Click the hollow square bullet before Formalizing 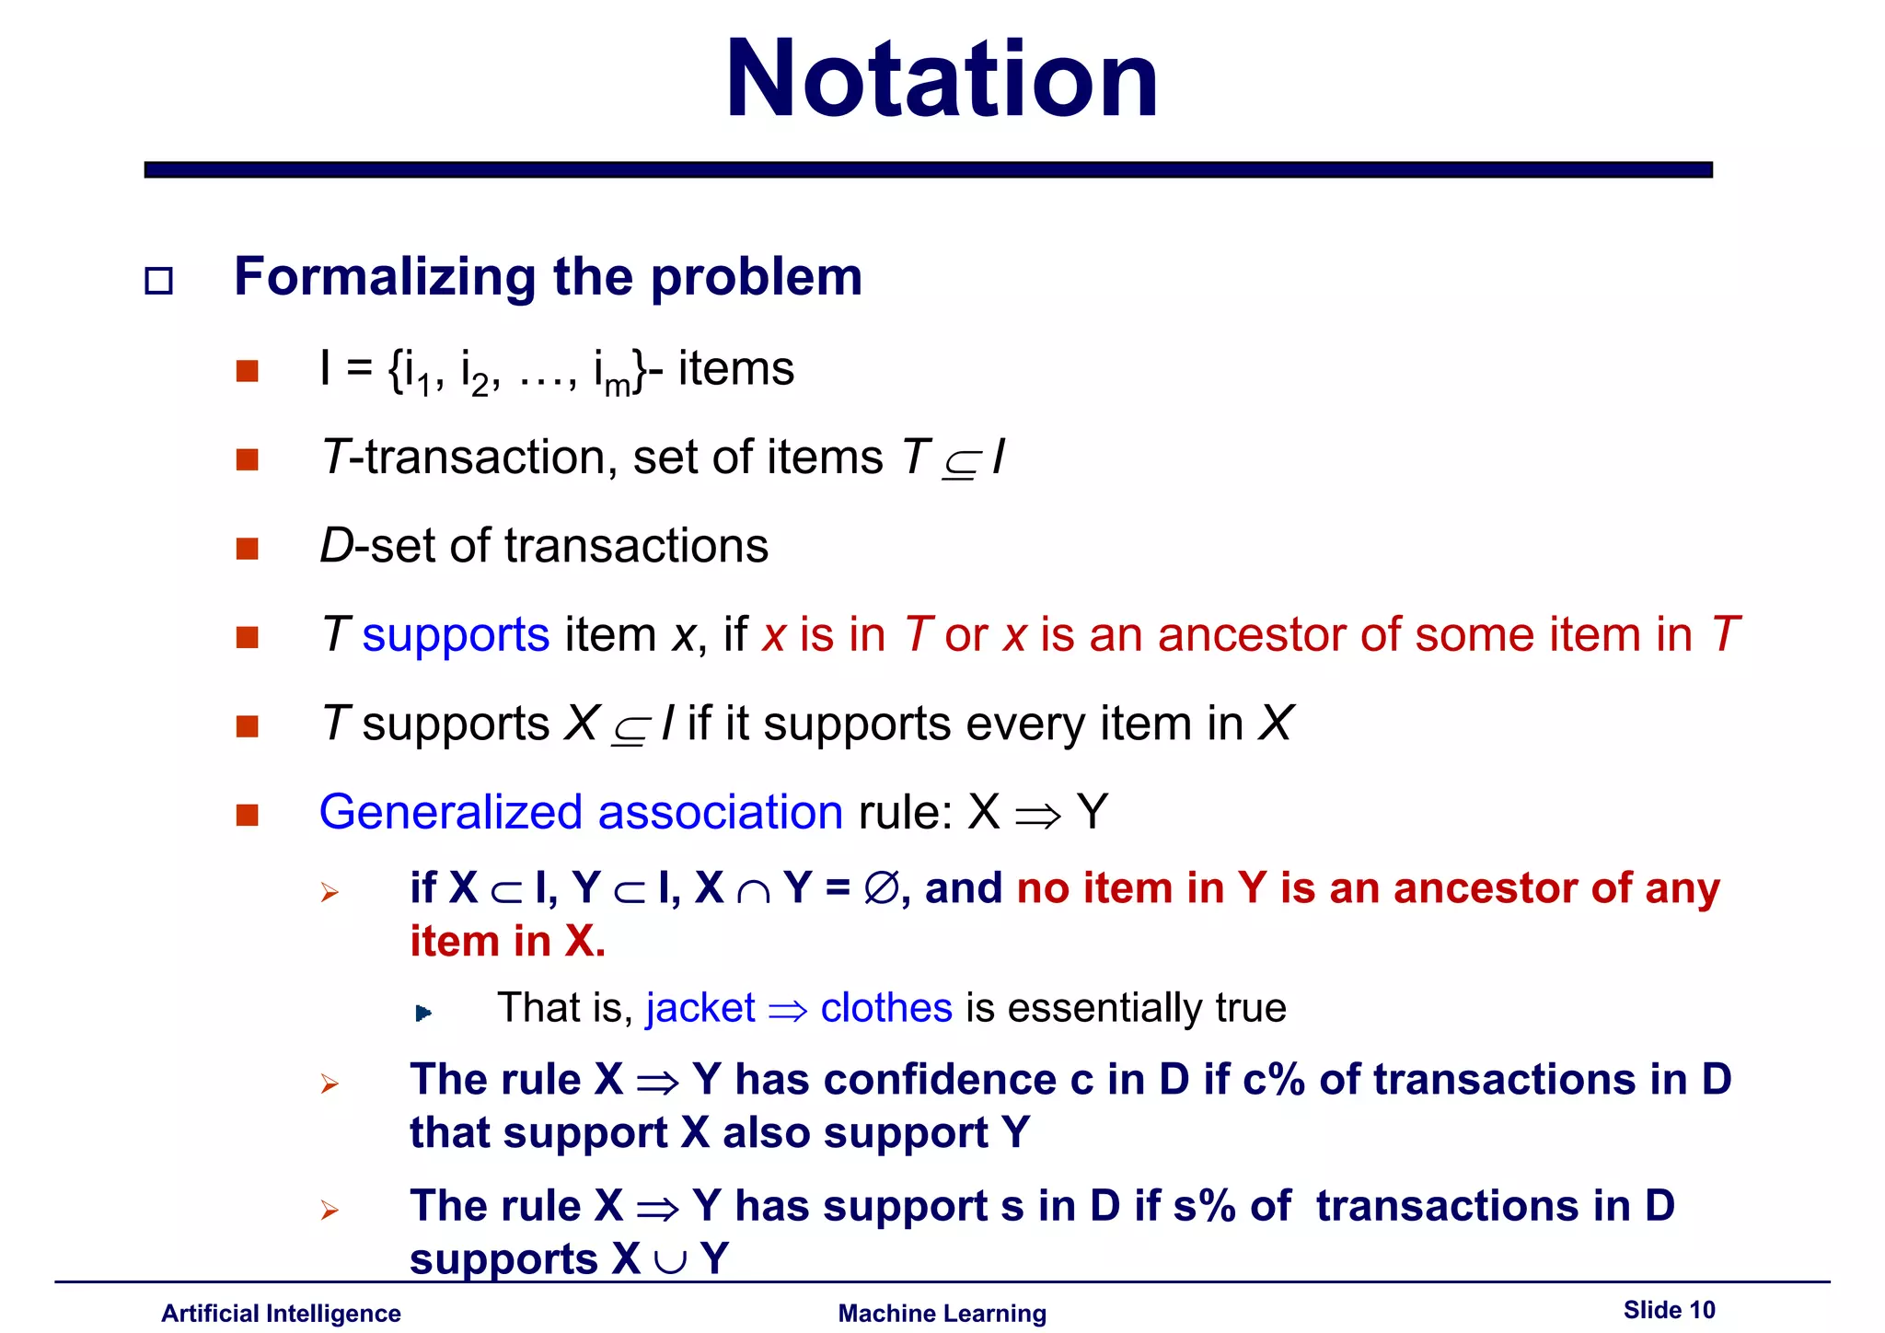pyautogui.click(x=159, y=280)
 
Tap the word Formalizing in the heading pyautogui.click(x=384, y=277)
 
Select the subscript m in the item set pyautogui.click(x=617, y=385)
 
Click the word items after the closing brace pyautogui.click(x=735, y=369)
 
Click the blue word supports pyautogui.click(x=456, y=635)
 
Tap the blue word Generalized pyautogui.click(x=450, y=813)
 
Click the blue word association pyautogui.click(x=720, y=813)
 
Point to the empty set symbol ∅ pyautogui.click(x=881, y=888)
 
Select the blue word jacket pyautogui.click(x=700, y=1008)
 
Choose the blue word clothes pyautogui.click(x=885, y=1008)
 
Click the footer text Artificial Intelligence pyautogui.click(x=281, y=1314)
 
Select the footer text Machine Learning pyautogui.click(x=942, y=1314)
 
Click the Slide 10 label pyautogui.click(x=1669, y=1310)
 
